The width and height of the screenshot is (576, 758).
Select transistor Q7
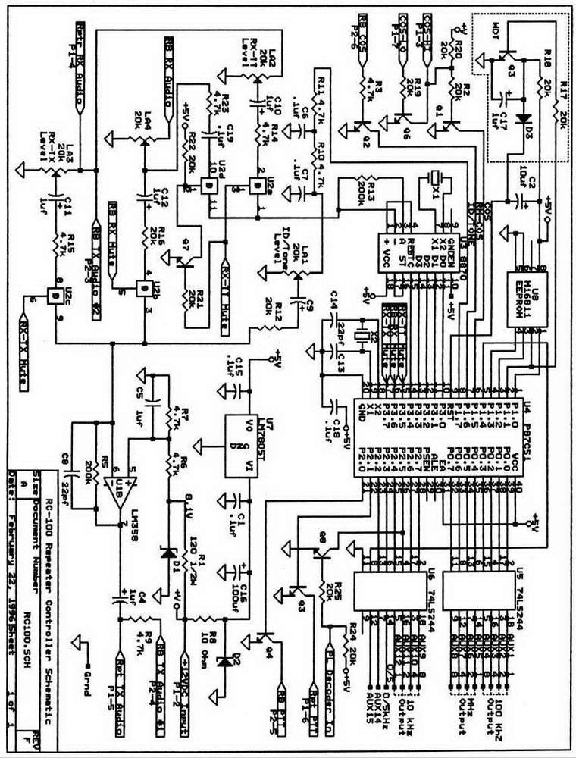click(182, 262)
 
